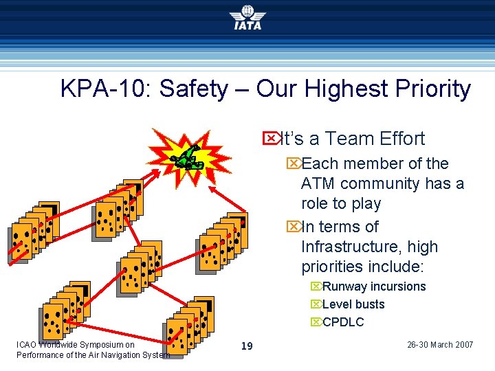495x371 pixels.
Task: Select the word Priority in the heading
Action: point(433,89)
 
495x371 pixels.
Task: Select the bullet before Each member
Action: point(294,164)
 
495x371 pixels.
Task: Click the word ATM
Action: point(318,183)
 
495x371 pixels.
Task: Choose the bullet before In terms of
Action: point(294,227)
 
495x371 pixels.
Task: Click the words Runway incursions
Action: point(374,286)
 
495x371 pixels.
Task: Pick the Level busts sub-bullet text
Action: point(353,304)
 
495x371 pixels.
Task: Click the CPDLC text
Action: point(343,322)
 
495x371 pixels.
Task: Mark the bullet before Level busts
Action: point(316,304)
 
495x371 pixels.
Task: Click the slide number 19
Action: point(247,346)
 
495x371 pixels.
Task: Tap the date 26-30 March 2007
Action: point(440,345)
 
